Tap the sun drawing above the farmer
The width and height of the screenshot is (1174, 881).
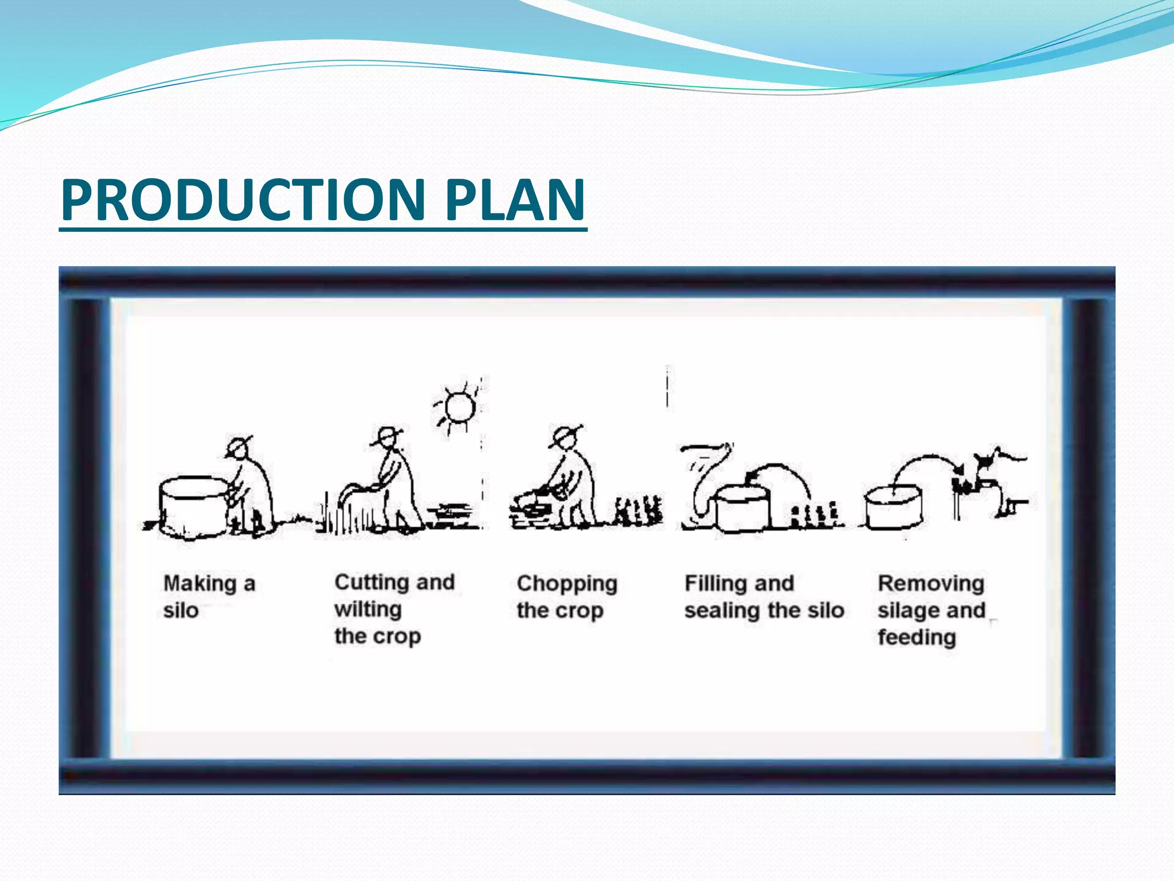(459, 407)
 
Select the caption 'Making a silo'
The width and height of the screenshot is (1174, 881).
(209, 597)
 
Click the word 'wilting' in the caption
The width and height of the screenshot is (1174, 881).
(368, 609)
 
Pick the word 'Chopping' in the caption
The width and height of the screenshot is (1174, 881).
(567, 584)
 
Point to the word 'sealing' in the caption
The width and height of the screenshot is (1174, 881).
(722, 611)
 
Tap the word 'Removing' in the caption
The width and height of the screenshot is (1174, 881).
(931, 584)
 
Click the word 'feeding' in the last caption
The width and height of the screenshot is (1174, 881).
(917, 637)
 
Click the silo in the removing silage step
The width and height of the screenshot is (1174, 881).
(893, 507)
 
